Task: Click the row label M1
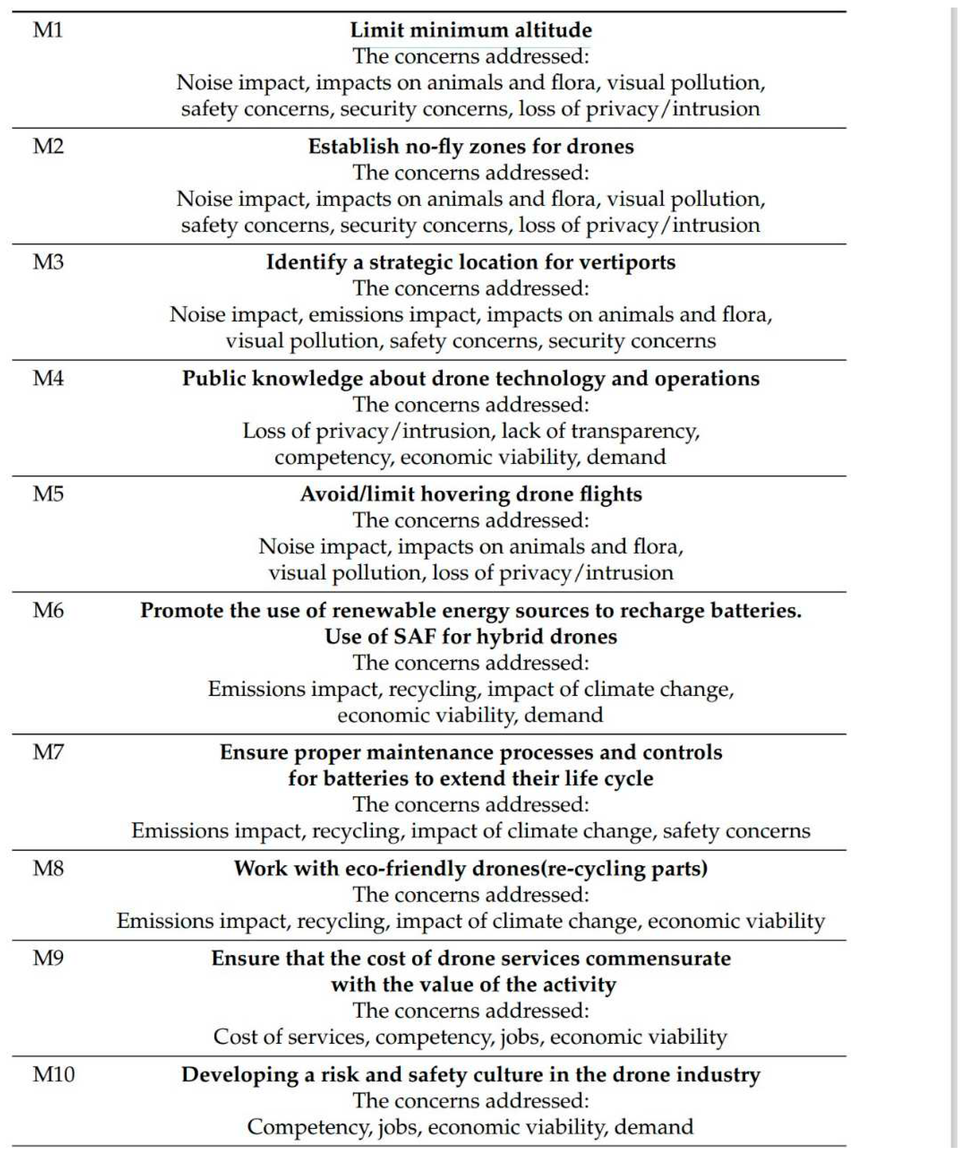(48, 30)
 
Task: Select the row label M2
(48, 146)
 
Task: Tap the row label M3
(48, 262)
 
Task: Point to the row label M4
(48, 378)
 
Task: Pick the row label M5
(48, 494)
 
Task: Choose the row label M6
(48, 610)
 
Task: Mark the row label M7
(48, 752)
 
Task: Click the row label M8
(48, 868)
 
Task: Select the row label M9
(48, 958)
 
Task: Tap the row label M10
(53, 1074)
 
